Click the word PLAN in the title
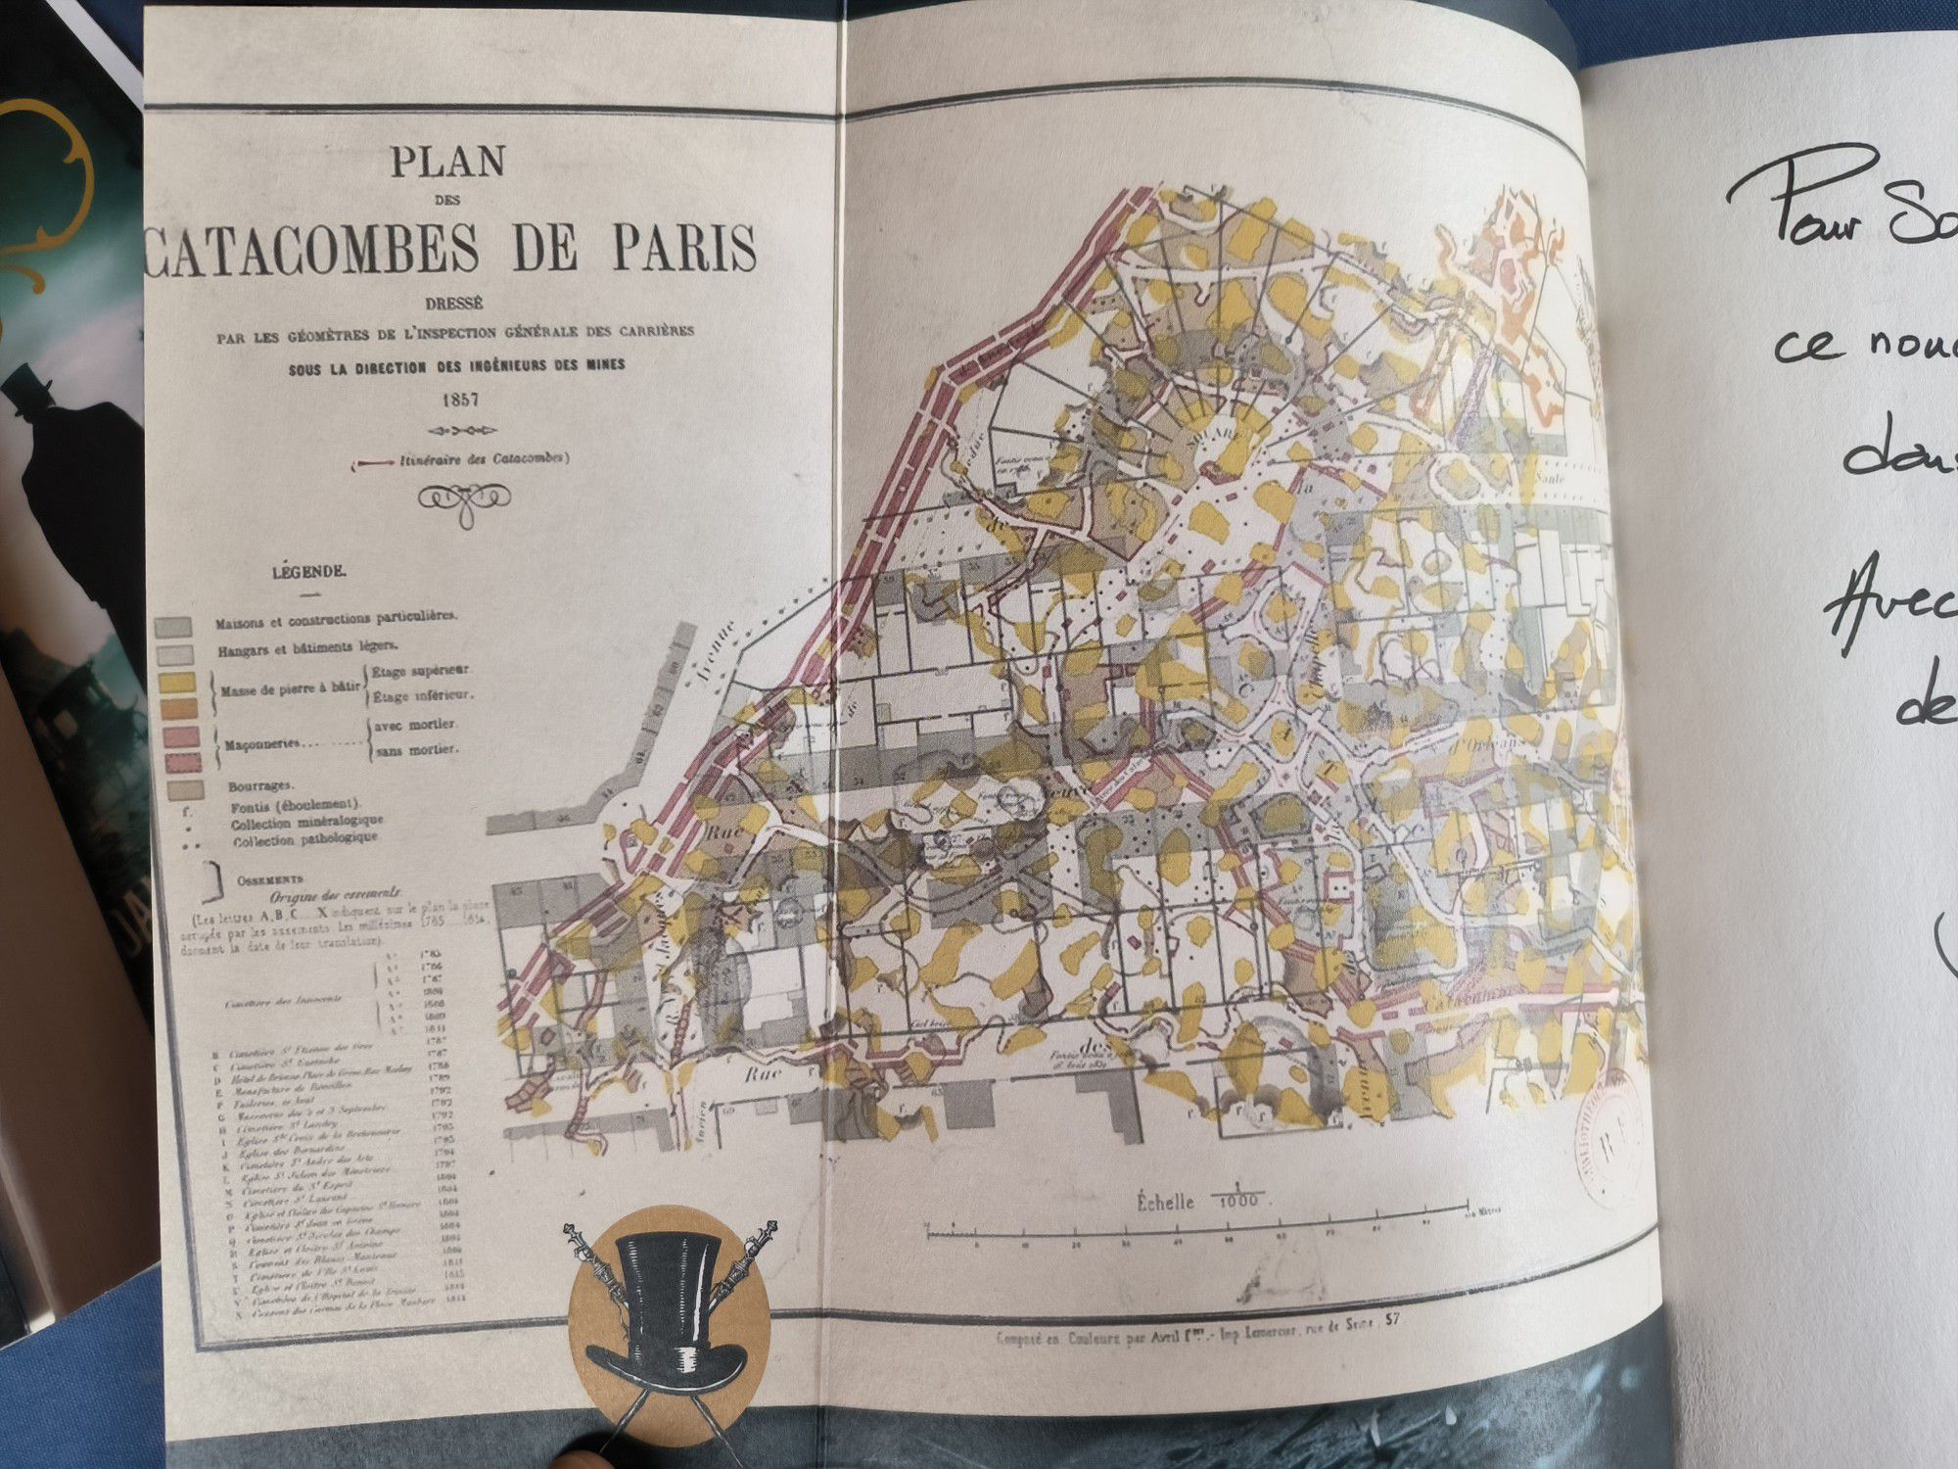(448, 163)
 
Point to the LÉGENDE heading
(307, 572)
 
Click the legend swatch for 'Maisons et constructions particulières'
(173, 628)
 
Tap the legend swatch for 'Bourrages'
(185, 788)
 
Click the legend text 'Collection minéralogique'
(306, 823)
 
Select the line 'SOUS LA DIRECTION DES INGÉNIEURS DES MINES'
(455, 366)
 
